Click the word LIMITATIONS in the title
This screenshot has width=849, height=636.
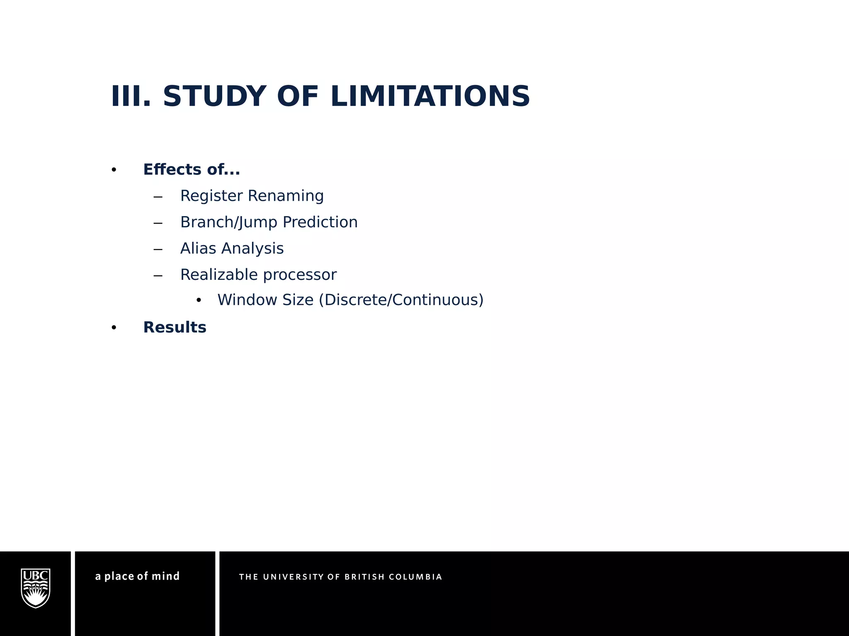430,96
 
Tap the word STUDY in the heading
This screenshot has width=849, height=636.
214,96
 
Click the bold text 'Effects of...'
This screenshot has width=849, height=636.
191,170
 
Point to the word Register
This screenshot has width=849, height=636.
211,196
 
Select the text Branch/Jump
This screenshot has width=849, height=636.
229,222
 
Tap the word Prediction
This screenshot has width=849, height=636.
320,222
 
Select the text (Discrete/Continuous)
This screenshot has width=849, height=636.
401,300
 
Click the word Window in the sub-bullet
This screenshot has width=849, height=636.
245,300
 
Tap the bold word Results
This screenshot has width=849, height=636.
175,328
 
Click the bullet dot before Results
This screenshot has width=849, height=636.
114,328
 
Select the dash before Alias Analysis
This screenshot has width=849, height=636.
158,249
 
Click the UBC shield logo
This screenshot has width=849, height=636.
36,588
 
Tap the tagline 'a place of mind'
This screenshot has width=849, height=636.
137,576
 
